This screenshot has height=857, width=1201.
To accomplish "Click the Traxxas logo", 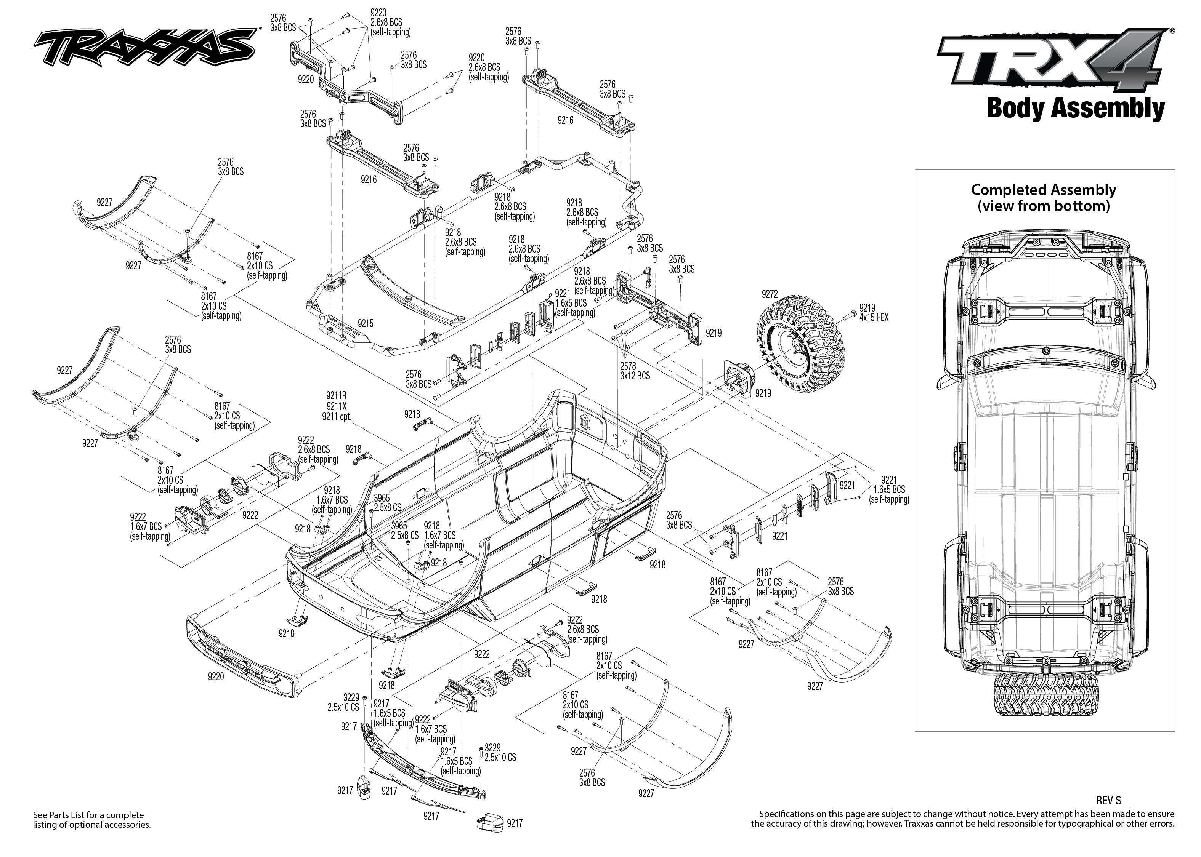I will coord(144,46).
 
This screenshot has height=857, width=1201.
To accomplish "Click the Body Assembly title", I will coord(1075,108).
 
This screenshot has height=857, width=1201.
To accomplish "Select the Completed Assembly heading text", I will coord(1043,197).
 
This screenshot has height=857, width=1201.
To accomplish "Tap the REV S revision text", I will coord(1108,801).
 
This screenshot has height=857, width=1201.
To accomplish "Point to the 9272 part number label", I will coord(769,294).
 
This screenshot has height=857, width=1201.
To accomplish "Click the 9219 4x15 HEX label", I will coord(873,312).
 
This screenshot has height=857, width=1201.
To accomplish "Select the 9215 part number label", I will coord(365,323).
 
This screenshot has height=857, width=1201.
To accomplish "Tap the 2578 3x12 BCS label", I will coord(635,371).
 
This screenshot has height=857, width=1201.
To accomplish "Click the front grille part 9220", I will coord(240,652).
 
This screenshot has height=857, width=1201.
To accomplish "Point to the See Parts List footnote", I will coord(91,820).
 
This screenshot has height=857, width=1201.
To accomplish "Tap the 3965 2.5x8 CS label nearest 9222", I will coord(388,502).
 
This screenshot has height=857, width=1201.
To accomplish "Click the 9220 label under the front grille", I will coord(215,676).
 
